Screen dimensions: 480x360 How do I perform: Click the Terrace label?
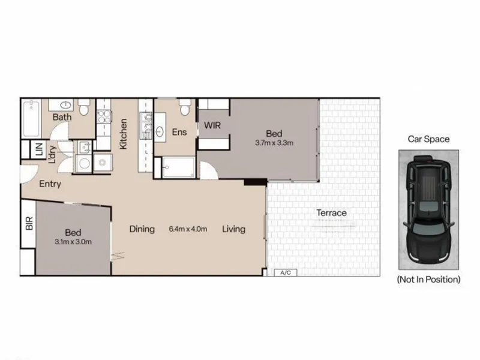332,213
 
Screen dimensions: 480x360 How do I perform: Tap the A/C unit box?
286,272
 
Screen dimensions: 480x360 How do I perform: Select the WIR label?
212,125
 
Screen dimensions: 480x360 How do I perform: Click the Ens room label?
179,132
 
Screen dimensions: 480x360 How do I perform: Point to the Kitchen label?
123,134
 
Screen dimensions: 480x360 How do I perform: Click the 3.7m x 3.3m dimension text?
274,143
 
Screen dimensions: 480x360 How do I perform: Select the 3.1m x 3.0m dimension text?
73,242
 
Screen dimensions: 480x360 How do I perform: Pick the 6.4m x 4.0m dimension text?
188,229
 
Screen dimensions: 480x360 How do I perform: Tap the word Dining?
142,229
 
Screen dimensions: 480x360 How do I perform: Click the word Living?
234,229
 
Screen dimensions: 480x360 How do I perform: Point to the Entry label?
50,184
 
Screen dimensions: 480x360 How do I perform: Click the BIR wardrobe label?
29,223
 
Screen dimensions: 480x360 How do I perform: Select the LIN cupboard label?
39,149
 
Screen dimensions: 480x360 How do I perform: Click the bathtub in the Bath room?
31,118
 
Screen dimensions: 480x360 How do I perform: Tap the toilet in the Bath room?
84,107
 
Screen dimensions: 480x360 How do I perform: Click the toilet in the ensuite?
185,107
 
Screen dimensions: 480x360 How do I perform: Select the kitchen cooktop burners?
104,116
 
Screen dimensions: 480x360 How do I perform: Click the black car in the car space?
428,209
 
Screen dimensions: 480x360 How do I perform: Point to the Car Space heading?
428,139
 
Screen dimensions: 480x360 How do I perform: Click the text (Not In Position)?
428,280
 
